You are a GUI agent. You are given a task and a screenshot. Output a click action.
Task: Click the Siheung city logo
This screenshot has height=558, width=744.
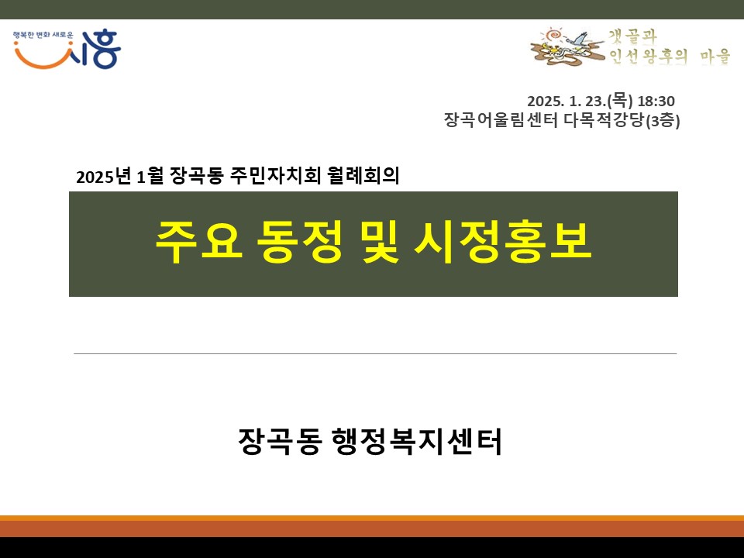click(x=67, y=50)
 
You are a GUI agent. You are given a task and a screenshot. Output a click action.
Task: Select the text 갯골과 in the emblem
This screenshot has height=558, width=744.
click(x=632, y=36)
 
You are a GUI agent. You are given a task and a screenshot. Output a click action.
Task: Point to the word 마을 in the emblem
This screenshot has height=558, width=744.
click(x=715, y=57)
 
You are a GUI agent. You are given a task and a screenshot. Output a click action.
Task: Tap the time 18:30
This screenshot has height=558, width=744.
click(x=656, y=101)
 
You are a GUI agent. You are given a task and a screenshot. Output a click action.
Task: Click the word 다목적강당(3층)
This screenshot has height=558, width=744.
click(x=622, y=120)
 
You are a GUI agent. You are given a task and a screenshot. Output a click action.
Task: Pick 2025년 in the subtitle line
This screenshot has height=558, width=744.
click(x=103, y=176)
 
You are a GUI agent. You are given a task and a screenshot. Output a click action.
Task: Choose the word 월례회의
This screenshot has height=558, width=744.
click(x=363, y=176)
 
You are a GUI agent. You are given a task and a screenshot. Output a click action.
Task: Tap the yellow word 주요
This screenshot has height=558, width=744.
click(x=199, y=242)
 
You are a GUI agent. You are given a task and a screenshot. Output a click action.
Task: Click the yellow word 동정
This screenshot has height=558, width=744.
click(x=298, y=242)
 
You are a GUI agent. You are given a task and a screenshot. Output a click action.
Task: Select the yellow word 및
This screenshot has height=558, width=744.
click(x=380, y=242)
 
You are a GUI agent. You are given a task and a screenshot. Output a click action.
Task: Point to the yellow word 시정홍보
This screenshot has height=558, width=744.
click(x=502, y=242)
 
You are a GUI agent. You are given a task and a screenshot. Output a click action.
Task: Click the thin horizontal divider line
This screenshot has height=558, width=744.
click(x=375, y=353)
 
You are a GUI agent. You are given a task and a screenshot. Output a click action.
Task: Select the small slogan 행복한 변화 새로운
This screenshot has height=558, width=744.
click(x=43, y=35)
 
